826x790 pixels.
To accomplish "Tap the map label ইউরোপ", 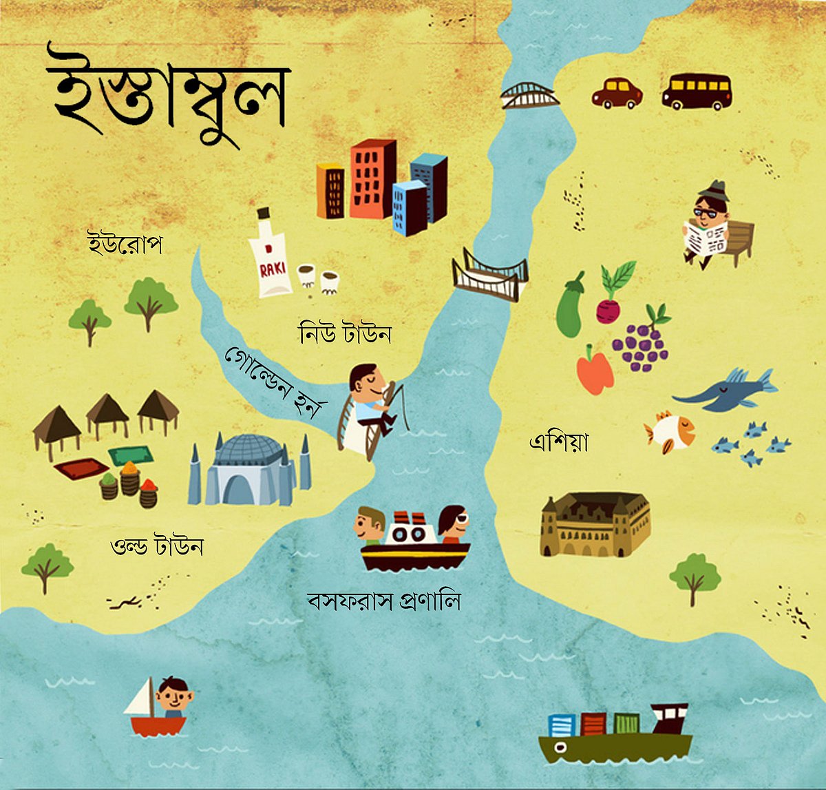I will click(x=125, y=244).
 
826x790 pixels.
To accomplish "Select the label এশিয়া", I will click(x=558, y=441).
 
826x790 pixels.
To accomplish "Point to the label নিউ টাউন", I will click(x=345, y=334).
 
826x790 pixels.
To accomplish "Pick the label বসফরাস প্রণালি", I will click(x=383, y=601).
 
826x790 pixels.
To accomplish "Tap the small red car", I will click(x=617, y=93).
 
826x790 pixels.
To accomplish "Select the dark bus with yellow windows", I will click(x=697, y=91).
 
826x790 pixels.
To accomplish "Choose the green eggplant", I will click(x=570, y=307).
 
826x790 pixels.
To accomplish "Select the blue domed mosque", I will click(x=249, y=470).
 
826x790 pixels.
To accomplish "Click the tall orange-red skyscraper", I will click(x=372, y=179).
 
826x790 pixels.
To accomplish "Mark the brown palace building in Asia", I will click(x=595, y=524).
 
